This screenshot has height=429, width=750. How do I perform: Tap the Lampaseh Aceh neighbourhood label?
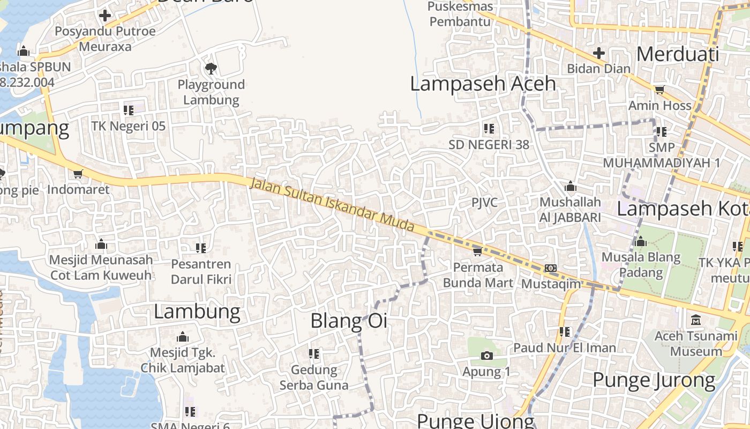[483, 84]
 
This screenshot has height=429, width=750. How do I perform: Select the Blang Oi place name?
[349, 321]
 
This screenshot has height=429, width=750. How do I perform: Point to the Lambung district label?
[197, 312]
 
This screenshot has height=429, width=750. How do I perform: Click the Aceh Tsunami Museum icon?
[696, 320]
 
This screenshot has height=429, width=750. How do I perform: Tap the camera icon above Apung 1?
[486, 356]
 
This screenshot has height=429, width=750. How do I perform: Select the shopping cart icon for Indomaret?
[78, 174]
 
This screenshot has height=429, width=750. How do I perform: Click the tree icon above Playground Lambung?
[211, 68]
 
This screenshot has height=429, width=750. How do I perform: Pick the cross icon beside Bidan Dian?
[599, 53]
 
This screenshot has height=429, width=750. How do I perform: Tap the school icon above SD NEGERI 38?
[489, 129]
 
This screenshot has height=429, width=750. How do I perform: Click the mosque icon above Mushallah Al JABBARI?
[570, 187]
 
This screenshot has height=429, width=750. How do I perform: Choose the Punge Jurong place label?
[654, 380]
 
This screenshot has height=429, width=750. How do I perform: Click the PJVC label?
[484, 203]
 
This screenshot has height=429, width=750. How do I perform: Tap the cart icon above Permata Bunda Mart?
[477, 251]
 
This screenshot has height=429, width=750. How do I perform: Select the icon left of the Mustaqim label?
[551, 268]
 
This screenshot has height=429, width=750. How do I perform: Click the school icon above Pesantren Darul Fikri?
[201, 248]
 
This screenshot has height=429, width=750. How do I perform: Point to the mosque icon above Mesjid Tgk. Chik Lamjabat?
[183, 337]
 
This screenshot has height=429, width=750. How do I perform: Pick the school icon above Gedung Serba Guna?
[314, 353]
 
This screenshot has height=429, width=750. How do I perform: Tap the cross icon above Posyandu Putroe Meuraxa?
[105, 15]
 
